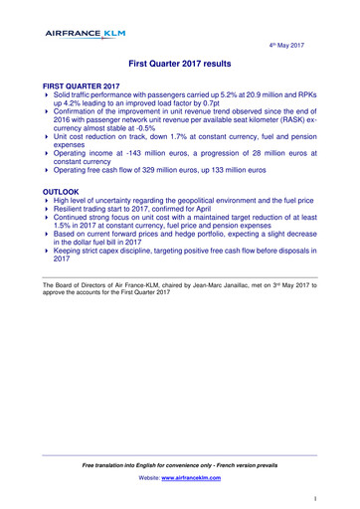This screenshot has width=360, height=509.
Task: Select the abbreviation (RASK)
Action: [287, 125]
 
